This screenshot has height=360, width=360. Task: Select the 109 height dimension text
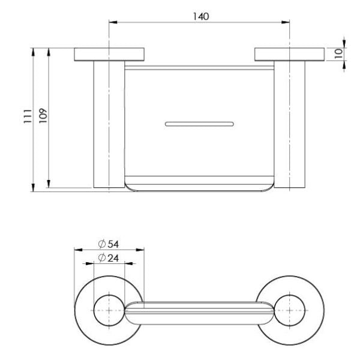pos(42,116)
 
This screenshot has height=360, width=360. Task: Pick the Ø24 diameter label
pos(109,257)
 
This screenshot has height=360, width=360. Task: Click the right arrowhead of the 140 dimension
pos(287,24)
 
